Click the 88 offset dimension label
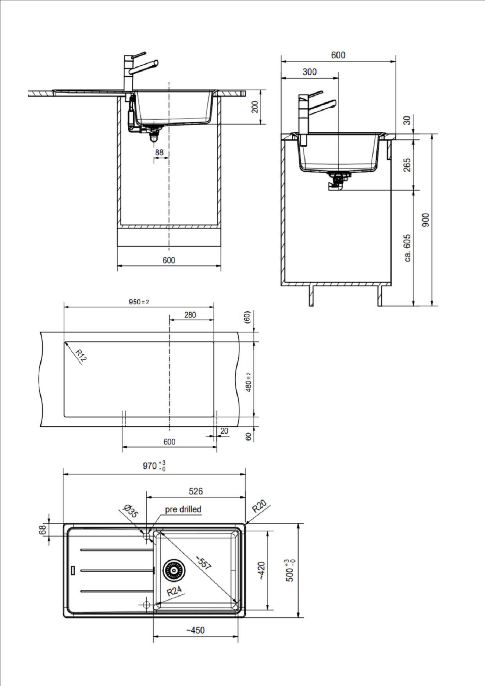point(159,153)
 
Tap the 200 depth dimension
point(255,107)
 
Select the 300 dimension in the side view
point(309,72)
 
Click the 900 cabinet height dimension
point(426,219)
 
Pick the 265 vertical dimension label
point(407,165)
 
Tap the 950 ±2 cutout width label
point(139,302)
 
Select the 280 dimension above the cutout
point(190,315)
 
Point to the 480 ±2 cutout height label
point(248,381)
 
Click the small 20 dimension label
point(224,431)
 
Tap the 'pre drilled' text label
point(183,509)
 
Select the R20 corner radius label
point(259,506)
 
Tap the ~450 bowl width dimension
point(195,630)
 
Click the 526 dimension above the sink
point(196,491)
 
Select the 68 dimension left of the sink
point(43,529)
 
